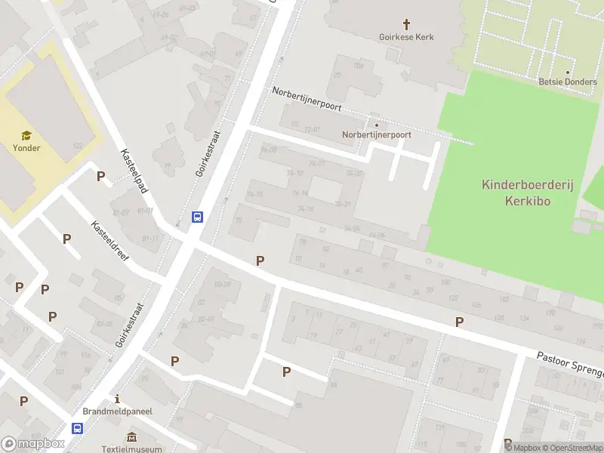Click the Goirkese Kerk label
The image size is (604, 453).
click(406, 37)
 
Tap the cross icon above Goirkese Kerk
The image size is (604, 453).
click(406, 24)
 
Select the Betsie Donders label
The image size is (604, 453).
click(567, 82)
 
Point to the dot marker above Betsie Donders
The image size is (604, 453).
click(567, 72)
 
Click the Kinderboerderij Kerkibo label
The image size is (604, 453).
click(515, 192)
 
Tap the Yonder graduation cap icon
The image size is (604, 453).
click(26, 136)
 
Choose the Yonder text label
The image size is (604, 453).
click(26, 148)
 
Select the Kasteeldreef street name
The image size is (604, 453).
click(110, 241)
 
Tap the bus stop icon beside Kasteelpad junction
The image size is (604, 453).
click(198, 217)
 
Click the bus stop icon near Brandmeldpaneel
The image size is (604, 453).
click(77, 428)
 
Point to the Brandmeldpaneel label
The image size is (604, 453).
click(117, 411)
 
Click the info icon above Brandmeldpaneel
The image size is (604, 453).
click(117, 399)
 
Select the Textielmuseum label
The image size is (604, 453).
click(132, 448)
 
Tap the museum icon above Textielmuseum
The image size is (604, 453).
click(132, 437)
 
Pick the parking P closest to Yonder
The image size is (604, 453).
click(100, 177)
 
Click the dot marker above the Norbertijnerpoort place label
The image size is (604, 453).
click(377, 125)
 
